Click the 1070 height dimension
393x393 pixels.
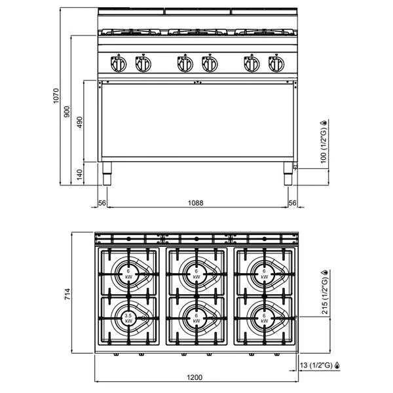56,96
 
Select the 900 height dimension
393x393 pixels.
67,112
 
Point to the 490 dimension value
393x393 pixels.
80,122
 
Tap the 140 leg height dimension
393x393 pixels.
79,174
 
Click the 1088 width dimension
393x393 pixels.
195,203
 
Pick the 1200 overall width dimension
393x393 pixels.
195,377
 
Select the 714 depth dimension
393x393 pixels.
67,294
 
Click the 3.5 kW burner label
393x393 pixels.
128,318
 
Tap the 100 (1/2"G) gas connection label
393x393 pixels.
324,141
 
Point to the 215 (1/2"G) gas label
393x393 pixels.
325,292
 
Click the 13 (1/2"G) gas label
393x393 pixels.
320,365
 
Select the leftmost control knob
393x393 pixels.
119,64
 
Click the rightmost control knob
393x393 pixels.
276,64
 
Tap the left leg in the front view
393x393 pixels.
107,174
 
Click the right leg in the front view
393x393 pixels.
288,174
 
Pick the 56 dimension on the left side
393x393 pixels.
102,203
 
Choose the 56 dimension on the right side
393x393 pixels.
292,203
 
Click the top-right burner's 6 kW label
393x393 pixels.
264,274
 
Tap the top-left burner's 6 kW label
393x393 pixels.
128,274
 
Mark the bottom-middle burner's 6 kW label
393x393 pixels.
196,318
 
